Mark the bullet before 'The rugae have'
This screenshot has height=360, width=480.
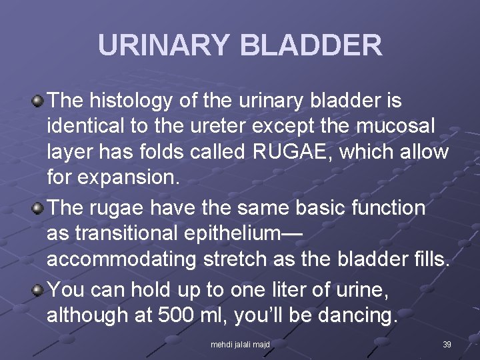point(38,209)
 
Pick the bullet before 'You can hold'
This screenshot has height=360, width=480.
point(38,291)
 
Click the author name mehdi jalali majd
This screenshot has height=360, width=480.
point(240,345)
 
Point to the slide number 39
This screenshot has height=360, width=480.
point(447,345)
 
